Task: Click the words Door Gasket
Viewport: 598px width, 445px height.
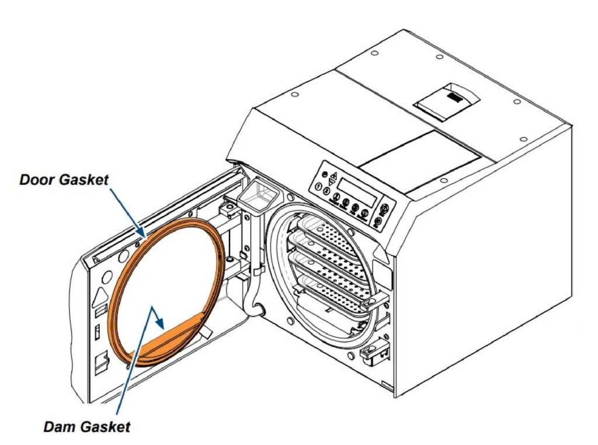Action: [x=64, y=180]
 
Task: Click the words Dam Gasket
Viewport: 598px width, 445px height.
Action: [x=87, y=426]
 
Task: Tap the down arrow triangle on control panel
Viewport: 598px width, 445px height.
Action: [x=332, y=182]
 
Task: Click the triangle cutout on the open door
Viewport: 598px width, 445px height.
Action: [x=100, y=291]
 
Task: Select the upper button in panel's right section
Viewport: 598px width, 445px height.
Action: [x=385, y=209]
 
